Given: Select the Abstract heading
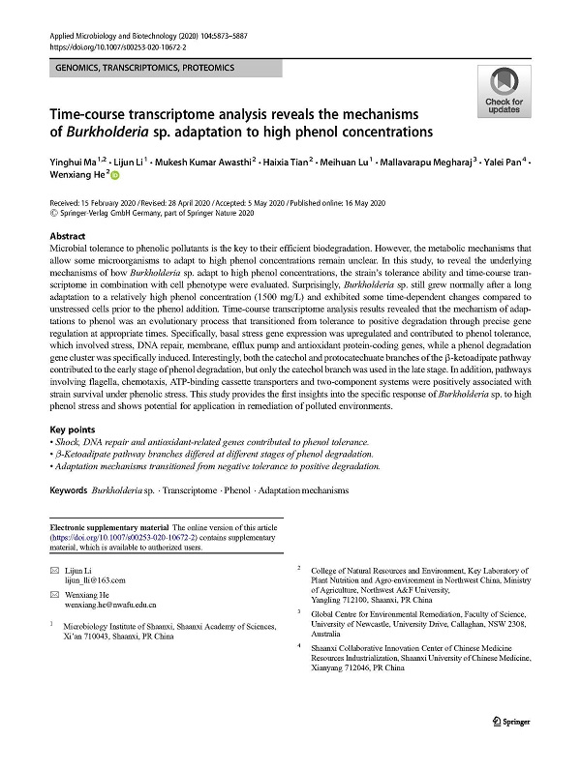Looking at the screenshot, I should (x=67, y=236).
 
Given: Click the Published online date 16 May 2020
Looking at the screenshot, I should (x=345, y=202).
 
